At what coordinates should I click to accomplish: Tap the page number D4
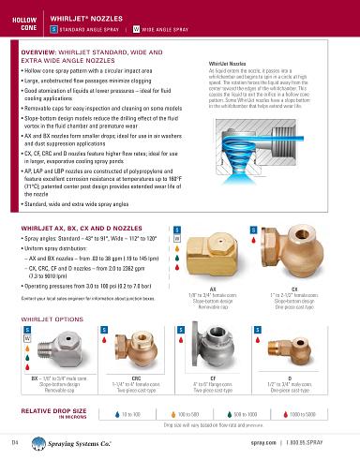tap(15, 440)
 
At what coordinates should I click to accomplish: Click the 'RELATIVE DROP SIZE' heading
tap(52, 410)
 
